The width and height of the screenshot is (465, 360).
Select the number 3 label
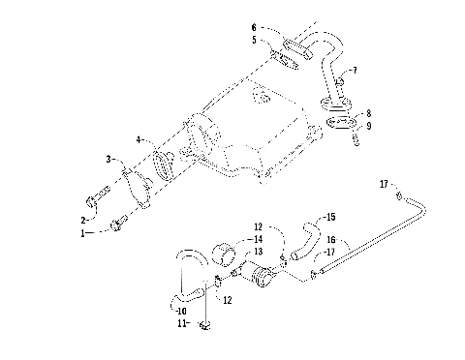coord(109,159)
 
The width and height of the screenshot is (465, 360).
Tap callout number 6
coord(254,27)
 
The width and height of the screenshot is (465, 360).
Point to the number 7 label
coord(355,71)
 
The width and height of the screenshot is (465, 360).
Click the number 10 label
coord(179,311)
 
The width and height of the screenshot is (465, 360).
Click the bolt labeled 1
coord(118,225)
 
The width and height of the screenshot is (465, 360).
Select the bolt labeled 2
coord(93,202)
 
